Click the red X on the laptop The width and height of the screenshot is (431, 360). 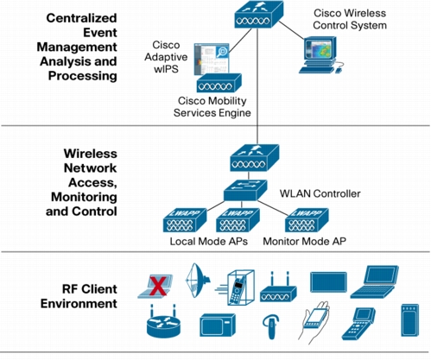[158, 287]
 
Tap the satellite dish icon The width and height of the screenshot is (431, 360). [198, 280]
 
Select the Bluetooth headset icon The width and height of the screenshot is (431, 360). [271, 326]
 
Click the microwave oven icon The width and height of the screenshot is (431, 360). [218, 325]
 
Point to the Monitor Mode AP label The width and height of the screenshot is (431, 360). [304, 241]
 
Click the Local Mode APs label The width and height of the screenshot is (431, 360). [209, 241]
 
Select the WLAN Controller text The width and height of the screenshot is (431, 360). [320, 193]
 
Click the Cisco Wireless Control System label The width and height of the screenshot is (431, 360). [350, 19]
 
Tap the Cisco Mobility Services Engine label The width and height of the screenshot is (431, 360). [212, 106]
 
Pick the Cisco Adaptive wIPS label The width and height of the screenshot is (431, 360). [166, 57]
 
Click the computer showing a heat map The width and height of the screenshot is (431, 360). [320, 54]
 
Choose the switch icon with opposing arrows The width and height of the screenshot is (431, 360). [245, 190]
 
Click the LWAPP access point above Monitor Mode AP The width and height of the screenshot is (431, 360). [307, 220]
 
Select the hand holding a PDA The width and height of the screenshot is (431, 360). [314, 322]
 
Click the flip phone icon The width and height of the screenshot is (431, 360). [358, 323]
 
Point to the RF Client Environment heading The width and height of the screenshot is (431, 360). [79, 296]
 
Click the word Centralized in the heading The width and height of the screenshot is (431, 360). [81, 18]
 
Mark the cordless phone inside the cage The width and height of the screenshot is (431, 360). [238, 288]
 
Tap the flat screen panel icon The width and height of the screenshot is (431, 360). [328, 282]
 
